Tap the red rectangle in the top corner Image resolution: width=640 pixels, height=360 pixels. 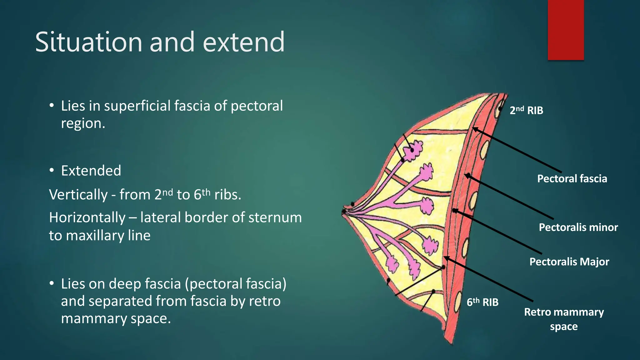coord(566,30)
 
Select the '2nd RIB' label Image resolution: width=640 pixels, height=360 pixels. coord(526,110)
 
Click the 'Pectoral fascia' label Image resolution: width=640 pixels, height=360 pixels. coord(572,179)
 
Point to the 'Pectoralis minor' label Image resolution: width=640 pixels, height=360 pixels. coord(578,227)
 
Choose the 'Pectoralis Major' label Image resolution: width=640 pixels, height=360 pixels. coord(569,262)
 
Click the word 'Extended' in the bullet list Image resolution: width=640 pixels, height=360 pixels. coord(91,171)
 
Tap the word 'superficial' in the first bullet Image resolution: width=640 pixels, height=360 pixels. coord(137,106)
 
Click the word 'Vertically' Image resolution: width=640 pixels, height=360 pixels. coord(78,195)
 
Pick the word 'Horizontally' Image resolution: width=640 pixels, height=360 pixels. coord(87,217)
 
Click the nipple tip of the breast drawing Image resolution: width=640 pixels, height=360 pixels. coord(343,212)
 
